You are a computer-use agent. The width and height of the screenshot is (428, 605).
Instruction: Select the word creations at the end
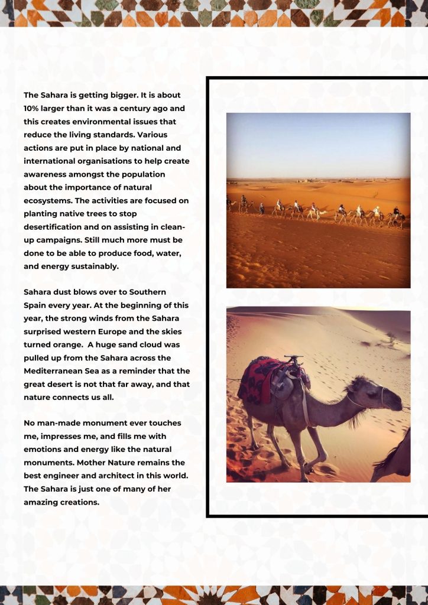click(x=79, y=502)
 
